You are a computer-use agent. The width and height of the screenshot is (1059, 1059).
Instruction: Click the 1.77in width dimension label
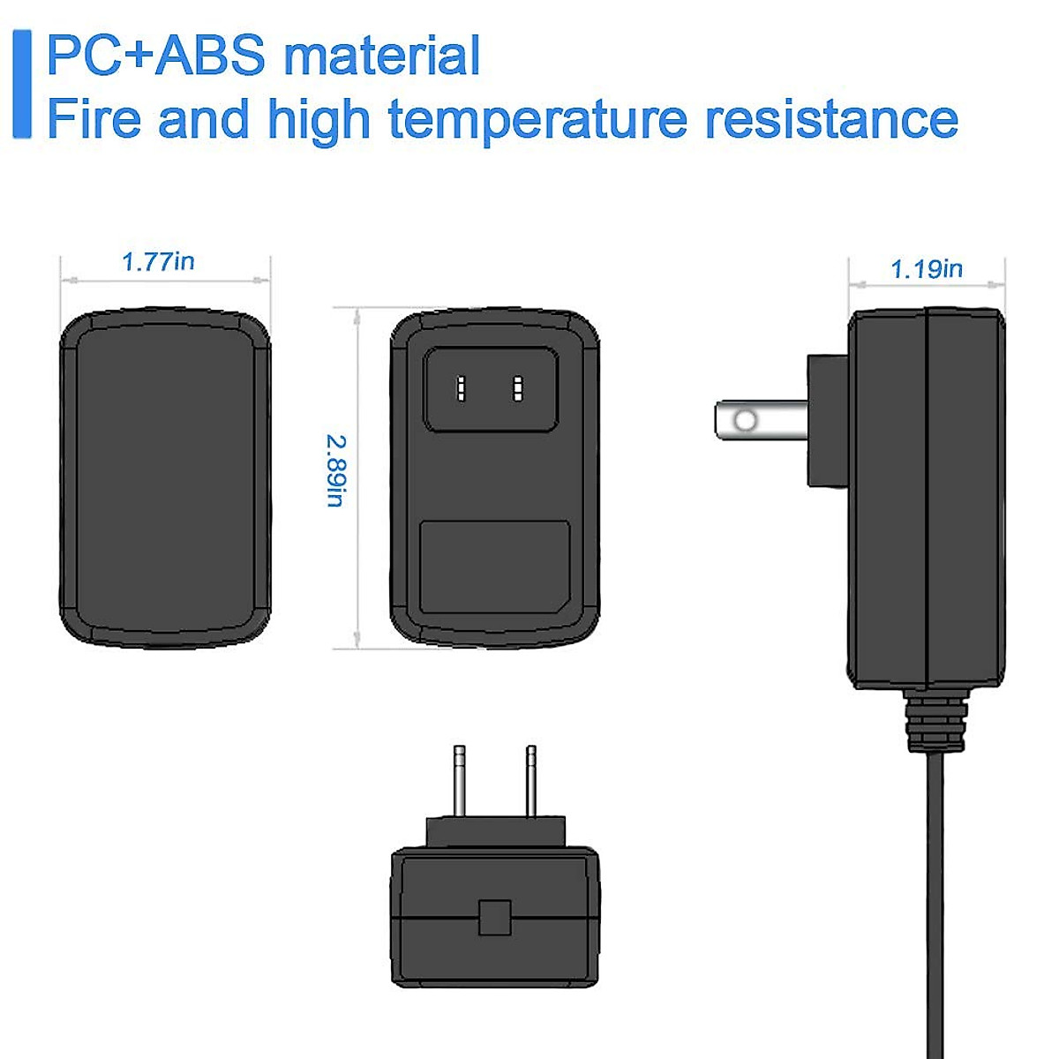(x=158, y=262)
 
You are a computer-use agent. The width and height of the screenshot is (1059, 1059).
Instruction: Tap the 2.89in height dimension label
(x=336, y=470)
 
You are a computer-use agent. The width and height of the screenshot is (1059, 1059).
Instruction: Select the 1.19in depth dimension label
(x=926, y=269)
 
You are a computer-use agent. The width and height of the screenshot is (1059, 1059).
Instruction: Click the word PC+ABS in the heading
(x=155, y=56)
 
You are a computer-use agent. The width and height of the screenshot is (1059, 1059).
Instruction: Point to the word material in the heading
(x=382, y=56)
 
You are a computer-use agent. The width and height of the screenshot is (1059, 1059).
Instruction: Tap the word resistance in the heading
(x=831, y=119)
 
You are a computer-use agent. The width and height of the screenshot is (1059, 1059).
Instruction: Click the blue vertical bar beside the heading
(x=22, y=84)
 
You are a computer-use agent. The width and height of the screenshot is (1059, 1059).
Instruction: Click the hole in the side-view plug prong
(x=746, y=420)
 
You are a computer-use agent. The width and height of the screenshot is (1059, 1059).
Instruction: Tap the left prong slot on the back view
(x=461, y=388)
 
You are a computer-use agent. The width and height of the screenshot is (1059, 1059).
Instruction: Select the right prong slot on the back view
(x=518, y=388)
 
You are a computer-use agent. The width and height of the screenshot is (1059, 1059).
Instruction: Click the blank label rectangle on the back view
(x=494, y=567)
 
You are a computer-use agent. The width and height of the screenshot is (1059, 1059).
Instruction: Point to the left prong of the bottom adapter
(x=459, y=781)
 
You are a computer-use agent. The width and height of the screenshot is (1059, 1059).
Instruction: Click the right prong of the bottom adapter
(x=530, y=781)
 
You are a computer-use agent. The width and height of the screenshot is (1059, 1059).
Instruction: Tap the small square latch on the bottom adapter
(x=494, y=918)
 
